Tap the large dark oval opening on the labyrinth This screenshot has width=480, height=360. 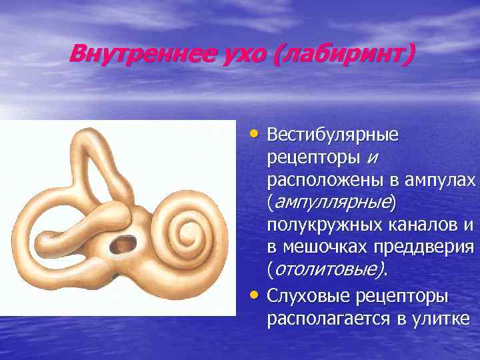coord(123,243)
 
